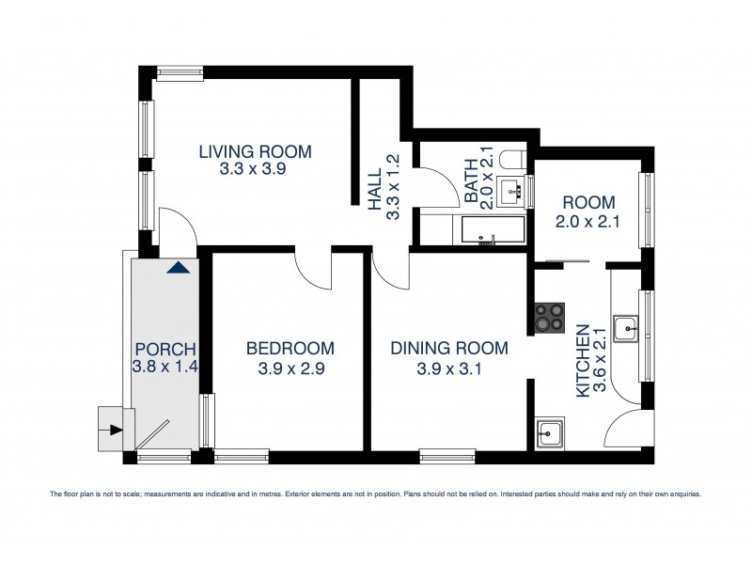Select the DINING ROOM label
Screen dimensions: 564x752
coord(449,349)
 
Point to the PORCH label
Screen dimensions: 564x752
coord(164,349)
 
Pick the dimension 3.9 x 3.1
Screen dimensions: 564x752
coord(449,368)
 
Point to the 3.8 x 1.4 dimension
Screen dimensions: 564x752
coord(164,368)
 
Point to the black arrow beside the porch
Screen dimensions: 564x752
coord(115,431)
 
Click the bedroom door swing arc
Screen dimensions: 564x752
coord(314,273)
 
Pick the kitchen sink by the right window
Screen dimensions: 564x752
coord(626,330)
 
